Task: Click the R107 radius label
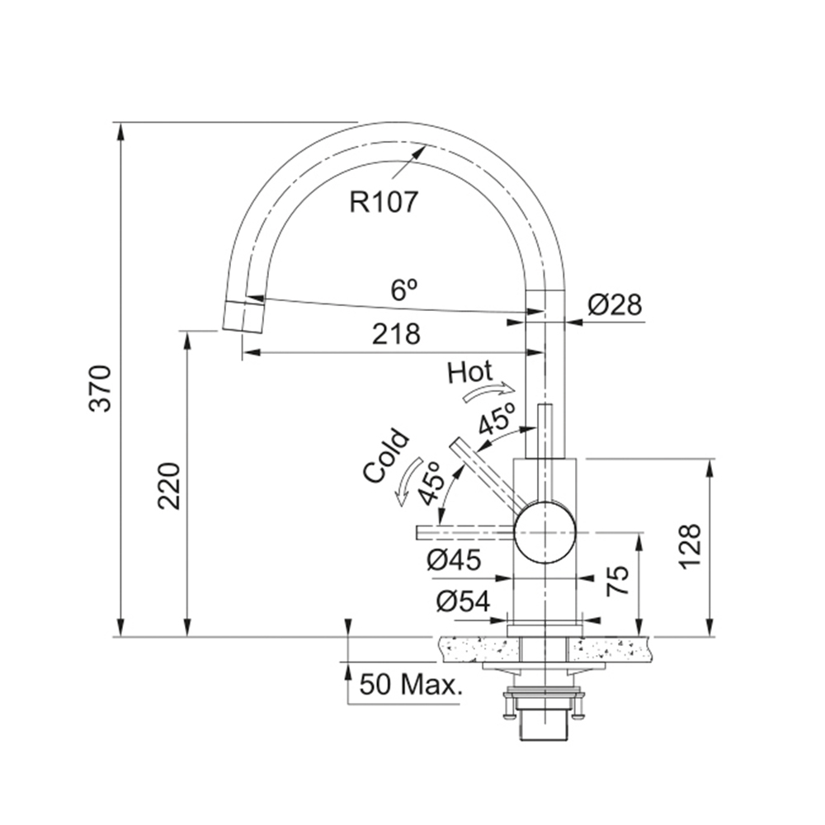pos(384,201)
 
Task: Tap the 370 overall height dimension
pos(100,389)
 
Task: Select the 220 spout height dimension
pos(169,486)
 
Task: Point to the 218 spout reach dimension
pos(396,334)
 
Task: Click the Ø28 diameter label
pos(615,304)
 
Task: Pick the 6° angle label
pos(403,290)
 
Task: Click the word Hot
pos(470,372)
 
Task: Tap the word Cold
pos(385,455)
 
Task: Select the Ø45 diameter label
pos(454,560)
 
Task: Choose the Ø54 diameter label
pos(463,601)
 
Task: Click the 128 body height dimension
pos(690,547)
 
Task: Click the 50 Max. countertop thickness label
pos(411,685)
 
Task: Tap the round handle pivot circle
pos(545,532)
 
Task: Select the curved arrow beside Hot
pos(488,392)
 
